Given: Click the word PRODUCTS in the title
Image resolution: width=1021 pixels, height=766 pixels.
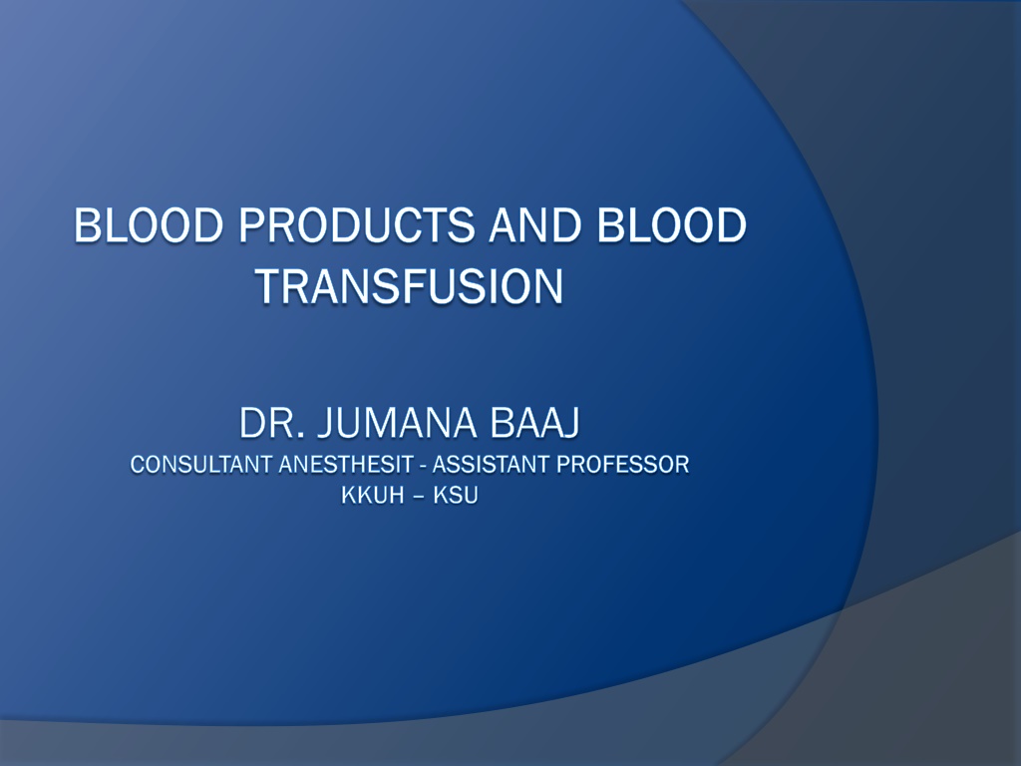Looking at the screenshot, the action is coord(357,225).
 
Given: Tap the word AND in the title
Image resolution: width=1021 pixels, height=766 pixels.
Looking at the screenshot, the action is coord(534,225).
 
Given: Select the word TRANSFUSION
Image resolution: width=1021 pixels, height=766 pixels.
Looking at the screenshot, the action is coord(410,286).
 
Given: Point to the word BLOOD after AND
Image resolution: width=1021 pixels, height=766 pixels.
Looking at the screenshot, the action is coord(671,225).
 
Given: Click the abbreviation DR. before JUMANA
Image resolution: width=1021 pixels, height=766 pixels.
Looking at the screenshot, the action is coord(271,423).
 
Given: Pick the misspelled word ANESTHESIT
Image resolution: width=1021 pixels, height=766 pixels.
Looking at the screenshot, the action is coord(346,465).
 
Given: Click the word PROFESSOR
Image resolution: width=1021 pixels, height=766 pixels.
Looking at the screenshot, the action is coord(623,465).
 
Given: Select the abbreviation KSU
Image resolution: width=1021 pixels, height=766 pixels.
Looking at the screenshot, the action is coord(456,496).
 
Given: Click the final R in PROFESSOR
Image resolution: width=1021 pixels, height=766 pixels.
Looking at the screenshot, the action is coord(682,465).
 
